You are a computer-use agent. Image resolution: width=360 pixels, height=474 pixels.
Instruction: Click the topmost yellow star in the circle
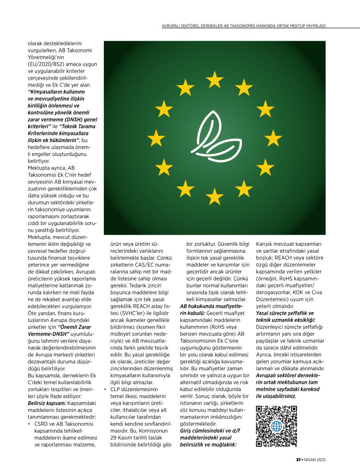pos(215,80)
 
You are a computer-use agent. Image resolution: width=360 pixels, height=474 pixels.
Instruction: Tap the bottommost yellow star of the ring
pos(215,196)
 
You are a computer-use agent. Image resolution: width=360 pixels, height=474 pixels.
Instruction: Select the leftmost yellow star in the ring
pos(156,138)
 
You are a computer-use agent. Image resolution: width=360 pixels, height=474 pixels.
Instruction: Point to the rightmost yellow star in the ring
pos(273,138)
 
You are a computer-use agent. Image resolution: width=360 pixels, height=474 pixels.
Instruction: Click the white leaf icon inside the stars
pos(214,138)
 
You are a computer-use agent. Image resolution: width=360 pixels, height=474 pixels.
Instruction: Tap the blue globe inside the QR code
pos(277,426)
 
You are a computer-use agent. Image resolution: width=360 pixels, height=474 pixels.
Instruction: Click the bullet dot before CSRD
pos(29,424)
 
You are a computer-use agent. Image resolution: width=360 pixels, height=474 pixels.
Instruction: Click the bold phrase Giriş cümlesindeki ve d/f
pos(210,431)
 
